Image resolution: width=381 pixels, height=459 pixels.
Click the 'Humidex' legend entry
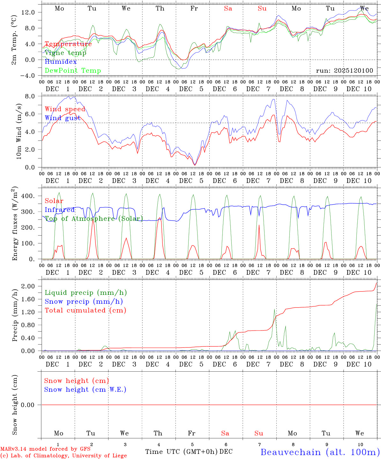click(x=61, y=62)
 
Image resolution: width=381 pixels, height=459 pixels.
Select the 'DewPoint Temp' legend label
click(x=73, y=71)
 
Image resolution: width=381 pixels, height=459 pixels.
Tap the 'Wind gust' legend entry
click(x=63, y=118)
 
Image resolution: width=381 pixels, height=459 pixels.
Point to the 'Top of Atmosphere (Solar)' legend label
click(x=93, y=219)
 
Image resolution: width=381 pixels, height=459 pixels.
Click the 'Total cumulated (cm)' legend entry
click(x=85, y=310)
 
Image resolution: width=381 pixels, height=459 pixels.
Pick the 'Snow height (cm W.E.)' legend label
click(x=85, y=390)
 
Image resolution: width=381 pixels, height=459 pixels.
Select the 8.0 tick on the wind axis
click(x=34, y=96)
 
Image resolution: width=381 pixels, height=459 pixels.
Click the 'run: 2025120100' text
click(x=344, y=70)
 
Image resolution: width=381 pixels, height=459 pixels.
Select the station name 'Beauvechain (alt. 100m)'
click(x=320, y=452)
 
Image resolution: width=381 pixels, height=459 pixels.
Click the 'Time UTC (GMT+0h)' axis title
click(x=182, y=452)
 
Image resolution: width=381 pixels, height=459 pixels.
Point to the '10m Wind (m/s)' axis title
click(x=19, y=131)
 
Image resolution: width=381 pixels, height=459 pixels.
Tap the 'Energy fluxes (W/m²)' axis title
click(x=15, y=223)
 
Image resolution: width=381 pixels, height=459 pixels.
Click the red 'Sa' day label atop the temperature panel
click(x=228, y=9)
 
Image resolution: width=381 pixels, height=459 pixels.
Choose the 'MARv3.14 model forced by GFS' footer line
click(x=45, y=449)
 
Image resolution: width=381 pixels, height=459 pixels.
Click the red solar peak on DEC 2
click(x=93, y=220)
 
